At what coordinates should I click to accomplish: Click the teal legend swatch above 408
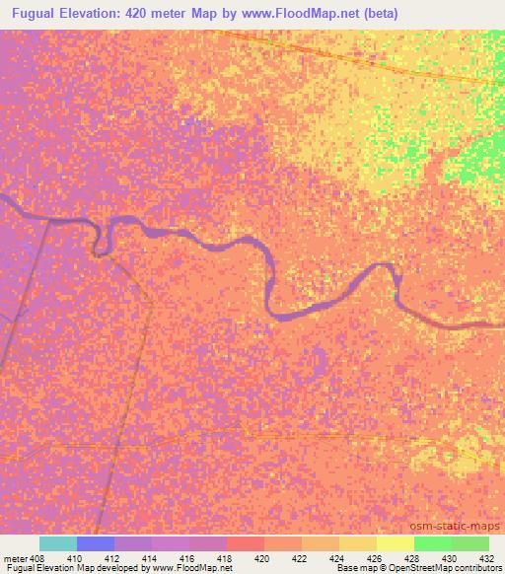coord(58,543)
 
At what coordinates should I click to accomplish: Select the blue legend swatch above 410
coord(96,543)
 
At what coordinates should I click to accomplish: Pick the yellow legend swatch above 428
coord(396,543)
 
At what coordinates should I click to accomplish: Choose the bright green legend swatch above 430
coord(433,543)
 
